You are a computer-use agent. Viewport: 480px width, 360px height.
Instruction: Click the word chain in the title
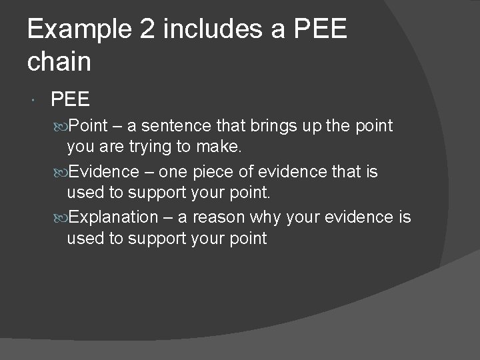click(59, 61)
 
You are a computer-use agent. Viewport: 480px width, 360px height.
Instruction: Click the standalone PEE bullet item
click(70, 100)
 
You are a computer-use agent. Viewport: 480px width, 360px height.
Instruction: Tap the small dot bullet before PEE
click(33, 101)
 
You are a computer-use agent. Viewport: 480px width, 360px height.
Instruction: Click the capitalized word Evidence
click(102, 171)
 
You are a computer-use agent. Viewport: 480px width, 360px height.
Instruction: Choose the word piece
click(212, 171)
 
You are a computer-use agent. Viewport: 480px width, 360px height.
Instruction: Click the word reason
click(220, 217)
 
